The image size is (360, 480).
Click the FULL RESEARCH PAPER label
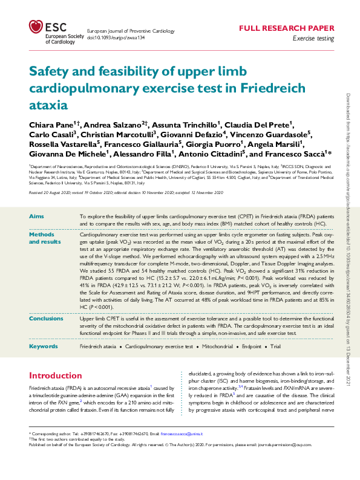tap(286, 28)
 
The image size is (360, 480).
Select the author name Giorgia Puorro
tap(215, 144)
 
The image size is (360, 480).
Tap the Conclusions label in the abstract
tap(46, 318)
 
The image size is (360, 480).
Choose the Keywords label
tap(43, 346)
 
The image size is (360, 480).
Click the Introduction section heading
tap(55, 375)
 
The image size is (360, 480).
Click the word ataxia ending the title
tap(49, 104)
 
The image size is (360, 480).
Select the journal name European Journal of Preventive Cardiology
tap(131, 30)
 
